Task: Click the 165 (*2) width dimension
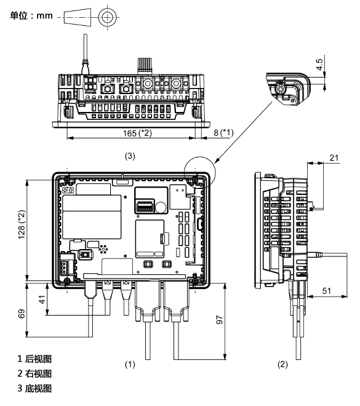pyautogui.click(x=137, y=133)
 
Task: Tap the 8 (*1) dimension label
pyautogui.click(x=223, y=133)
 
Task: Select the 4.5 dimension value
pyautogui.click(x=320, y=65)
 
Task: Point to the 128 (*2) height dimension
pyautogui.click(x=22, y=225)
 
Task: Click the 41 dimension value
pyautogui.click(x=42, y=299)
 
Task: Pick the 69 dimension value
pyautogui.click(x=22, y=313)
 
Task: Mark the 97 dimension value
pyautogui.click(x=220, y=320)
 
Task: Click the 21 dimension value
pyautogui.click(x=334, y=157)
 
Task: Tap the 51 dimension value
pyautogui.click(x=327, y=291)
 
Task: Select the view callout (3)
pyautogui.click(x=130, y=156)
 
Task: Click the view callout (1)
pyautogui.click(x=130, y=364)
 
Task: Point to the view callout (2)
pyautogui.click(x=283, y=364)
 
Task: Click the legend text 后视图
pyautogui.click(x=38, y=359)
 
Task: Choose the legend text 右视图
pyautogui.click(x=38, y=373)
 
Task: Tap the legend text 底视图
pyautogui.click(x=38, y=388)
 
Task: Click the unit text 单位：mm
pyautogui.click(x=31, y=15)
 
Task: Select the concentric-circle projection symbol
pyautogui.click(x=106, y=17)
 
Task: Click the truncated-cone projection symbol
pyautogui.click(x=78, y=17)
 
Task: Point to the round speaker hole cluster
pyautogui.click(x=103, y=249)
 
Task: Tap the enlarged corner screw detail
pyautogui.click(x=288, y=89)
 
